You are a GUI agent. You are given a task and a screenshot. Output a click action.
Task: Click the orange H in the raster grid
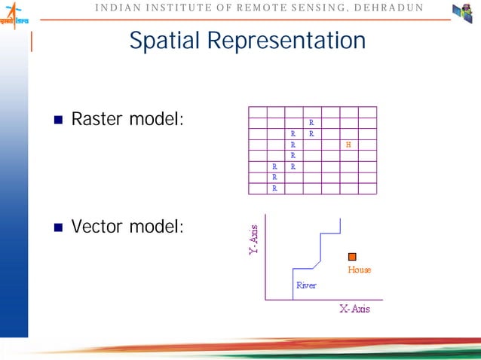click(x=348, y=144)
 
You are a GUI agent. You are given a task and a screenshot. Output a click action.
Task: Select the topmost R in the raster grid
click(x=311, y=122)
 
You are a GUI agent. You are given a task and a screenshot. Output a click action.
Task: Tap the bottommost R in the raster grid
click(x=274, y=188)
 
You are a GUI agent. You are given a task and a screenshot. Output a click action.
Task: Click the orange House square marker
click(x=352, y=257)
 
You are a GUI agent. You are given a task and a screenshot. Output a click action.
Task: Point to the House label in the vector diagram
click(x=359, y=270)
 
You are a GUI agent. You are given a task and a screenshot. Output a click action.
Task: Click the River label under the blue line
click(x=306, y=285)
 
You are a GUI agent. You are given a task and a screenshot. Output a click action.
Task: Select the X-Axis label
click(x=354, y=309)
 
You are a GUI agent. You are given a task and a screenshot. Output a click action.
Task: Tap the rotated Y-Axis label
click(x=254, y=239)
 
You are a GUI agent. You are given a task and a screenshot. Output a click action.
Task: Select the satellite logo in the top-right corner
click(x=461, y=13)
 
